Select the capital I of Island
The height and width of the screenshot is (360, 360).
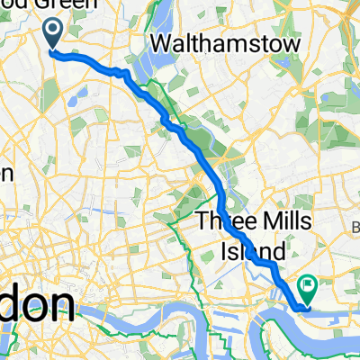[x=224, y=250]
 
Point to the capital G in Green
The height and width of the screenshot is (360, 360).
[x=63, y=5]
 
